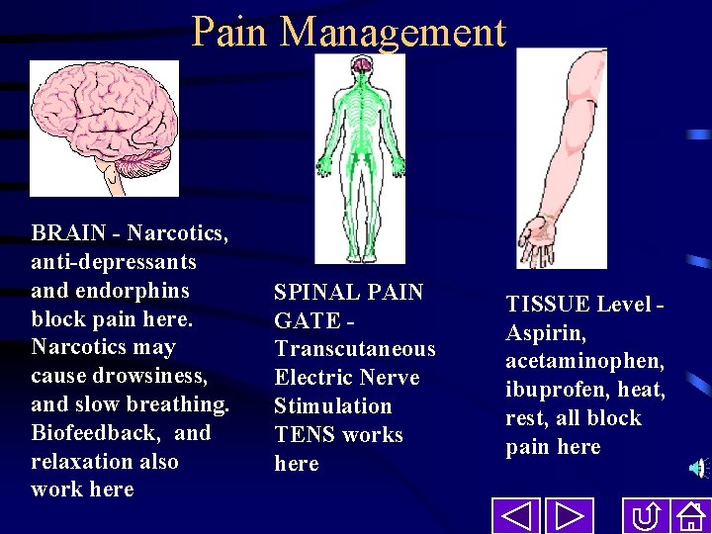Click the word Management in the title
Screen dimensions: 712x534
(x=393, y=32)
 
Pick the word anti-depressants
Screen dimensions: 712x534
(x=114, y=263)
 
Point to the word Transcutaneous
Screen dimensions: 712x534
(x=355, y=349)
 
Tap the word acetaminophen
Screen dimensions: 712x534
(x=585, y=362)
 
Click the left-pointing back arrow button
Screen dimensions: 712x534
(x=515, y=517)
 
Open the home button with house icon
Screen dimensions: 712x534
(x=689, y=517)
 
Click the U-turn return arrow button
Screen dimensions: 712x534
(x=646, y=517)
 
